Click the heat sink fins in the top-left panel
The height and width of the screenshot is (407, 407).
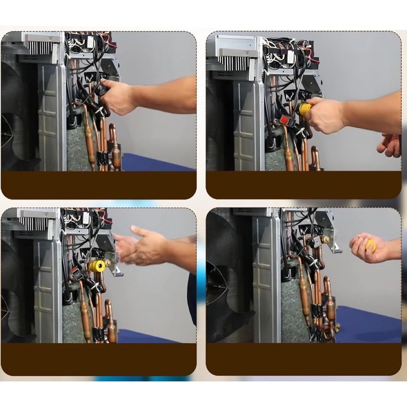(39, 48)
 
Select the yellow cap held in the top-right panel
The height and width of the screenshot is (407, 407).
(305, 109)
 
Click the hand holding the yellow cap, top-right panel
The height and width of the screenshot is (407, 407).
(325, 116)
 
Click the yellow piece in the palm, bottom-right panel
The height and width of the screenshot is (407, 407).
(371, 245)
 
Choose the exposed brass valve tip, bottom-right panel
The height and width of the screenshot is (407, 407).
(324, 239)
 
